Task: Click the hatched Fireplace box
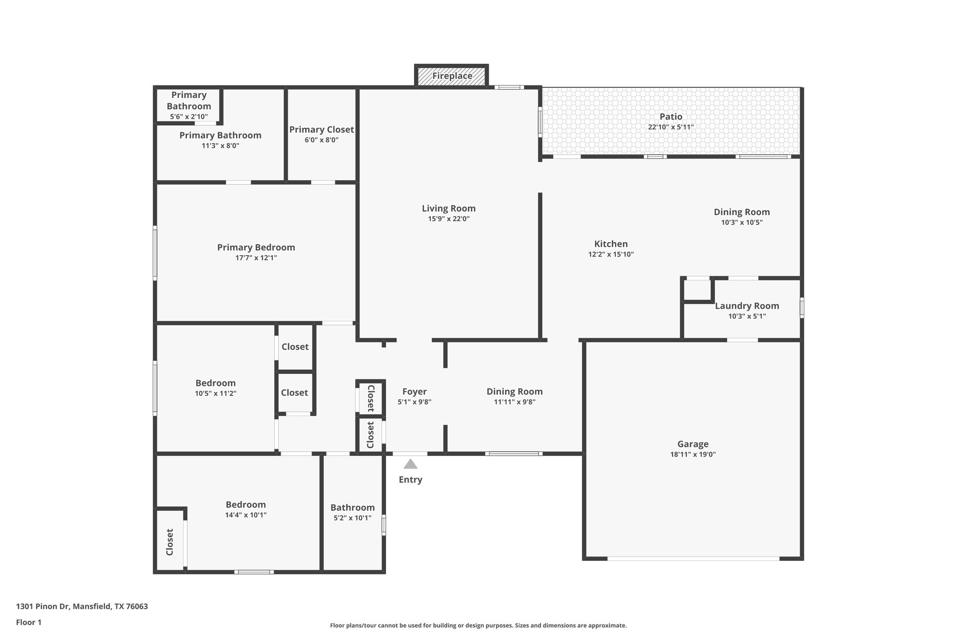coord(451,76)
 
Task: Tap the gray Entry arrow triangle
coord(410,464)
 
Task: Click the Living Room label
coord(449,208)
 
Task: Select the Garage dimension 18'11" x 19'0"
coord(693,454)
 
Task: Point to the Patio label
coord(671,116)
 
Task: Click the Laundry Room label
coord(747,306)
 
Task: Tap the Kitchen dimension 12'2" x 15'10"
coord(611,254)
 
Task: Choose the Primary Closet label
coord(321,129)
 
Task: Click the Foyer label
coord(414,392)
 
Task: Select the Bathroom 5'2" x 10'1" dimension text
coord(352,518)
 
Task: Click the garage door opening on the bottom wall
coord(693,559)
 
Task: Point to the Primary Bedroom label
coord(256,247)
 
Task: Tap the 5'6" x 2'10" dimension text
coord(189,117)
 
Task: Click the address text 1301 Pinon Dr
coord(82,606)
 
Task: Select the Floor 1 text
coord(29,622)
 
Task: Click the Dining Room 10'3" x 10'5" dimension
coord(742,222)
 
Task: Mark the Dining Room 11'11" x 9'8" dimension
coord(514,402)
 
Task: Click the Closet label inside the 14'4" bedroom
coord(170,542)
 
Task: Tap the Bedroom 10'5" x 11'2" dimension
coord(215,394)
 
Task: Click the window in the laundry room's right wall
coord(802,308)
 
